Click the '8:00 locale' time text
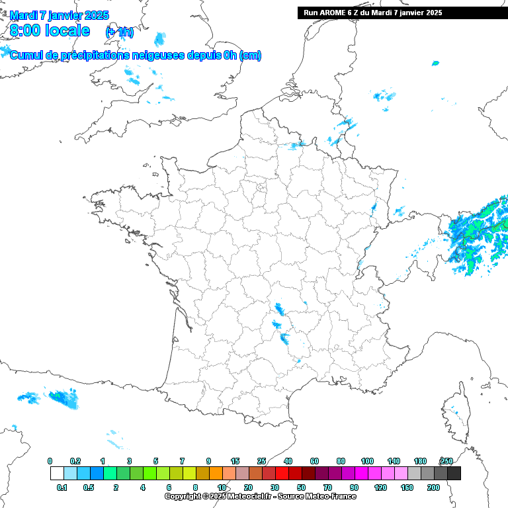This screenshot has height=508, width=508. click(x=50, y=30)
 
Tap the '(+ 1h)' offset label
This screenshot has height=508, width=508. click(x=119, y=32)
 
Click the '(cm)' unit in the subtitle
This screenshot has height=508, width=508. click(x=250, y=56)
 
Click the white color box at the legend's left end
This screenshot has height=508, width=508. click(x=57, y=473)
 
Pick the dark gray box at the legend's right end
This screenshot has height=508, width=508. click(x=454, y=473)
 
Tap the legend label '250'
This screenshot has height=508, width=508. click(x=446, y=461)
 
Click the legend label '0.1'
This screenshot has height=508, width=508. click(x=62, y=487)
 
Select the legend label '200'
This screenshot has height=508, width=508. click(x=433, y=487)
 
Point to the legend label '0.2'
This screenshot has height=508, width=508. click(x=75, y=461)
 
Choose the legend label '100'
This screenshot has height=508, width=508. click(x=367, y=461)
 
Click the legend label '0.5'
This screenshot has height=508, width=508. click(x=89, y=487)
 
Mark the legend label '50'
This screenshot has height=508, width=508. click(x=301, y=487)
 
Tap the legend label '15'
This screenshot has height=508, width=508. click(x=235, y=461)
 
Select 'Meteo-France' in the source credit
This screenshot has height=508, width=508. click(x=323, y=496)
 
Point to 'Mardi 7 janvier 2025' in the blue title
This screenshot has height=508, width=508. click(x=60, y=15)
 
